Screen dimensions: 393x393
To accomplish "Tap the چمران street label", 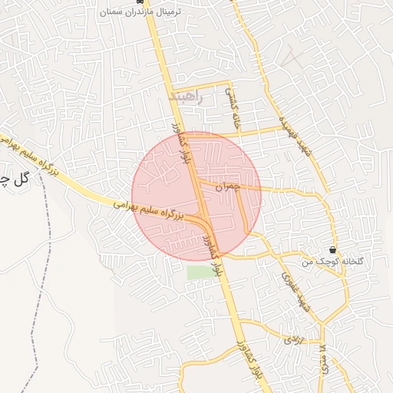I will click(x=227, y=186).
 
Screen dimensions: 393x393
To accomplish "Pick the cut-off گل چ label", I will click(x=14, y=180).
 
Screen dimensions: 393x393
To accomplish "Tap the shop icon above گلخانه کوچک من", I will click(x=332, y=250).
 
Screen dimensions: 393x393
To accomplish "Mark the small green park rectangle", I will click(x=199, y=272).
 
